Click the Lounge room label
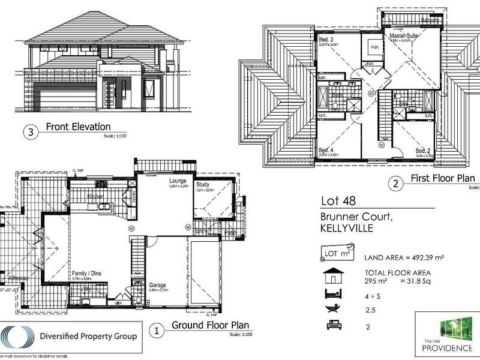(x=179, y=181)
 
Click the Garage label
(x=158, y=285)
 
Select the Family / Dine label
(x=88, y=273)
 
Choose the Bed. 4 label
(x=325, y=149)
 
